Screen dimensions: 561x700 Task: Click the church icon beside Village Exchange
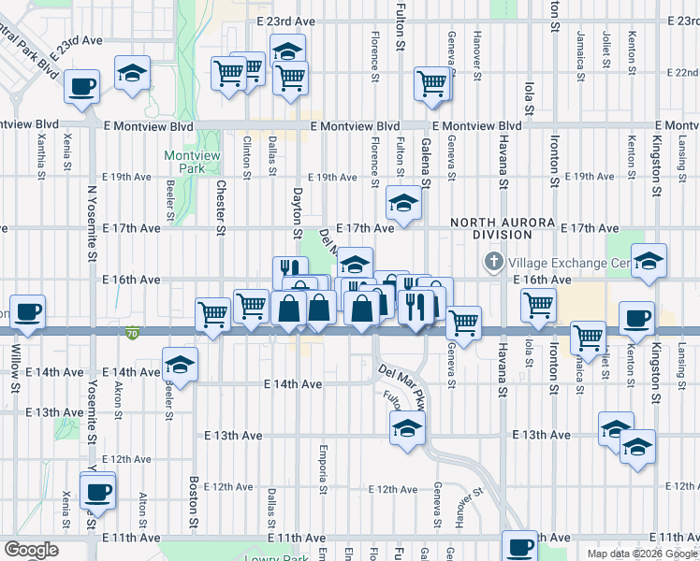pyautogui.click(x=494, y=265)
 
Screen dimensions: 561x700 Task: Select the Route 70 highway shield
pyautogui.click(x=131, y=331)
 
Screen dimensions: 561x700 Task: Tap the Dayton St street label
pyautogui.click(x=298, y=211)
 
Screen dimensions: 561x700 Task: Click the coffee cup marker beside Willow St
pyautogui.click(x=27, y=312)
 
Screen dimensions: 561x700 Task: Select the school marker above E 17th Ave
pyautogui.click(x=403, y=202)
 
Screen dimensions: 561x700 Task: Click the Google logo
pyautogui.click(x=31, y=550)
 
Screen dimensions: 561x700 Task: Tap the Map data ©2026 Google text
pyautogui.click(x=643, y=554)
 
